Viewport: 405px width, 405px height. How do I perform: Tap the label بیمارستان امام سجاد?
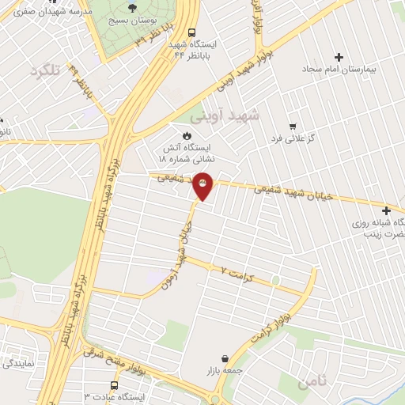pos(339,70)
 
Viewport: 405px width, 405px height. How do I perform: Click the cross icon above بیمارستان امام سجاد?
pos(339,57)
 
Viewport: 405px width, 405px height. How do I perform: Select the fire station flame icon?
pos(187,135)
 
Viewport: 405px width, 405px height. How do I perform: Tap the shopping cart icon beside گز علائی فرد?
pos(293,126)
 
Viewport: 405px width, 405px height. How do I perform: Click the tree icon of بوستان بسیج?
pos(131,7)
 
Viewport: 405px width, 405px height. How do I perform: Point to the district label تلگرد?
pos(45,72)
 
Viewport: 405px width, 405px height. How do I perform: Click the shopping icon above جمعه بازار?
pos(226,358)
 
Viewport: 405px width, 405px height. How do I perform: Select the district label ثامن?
pos(312,384)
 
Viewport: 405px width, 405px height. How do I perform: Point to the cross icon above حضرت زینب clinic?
pos(386,210)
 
